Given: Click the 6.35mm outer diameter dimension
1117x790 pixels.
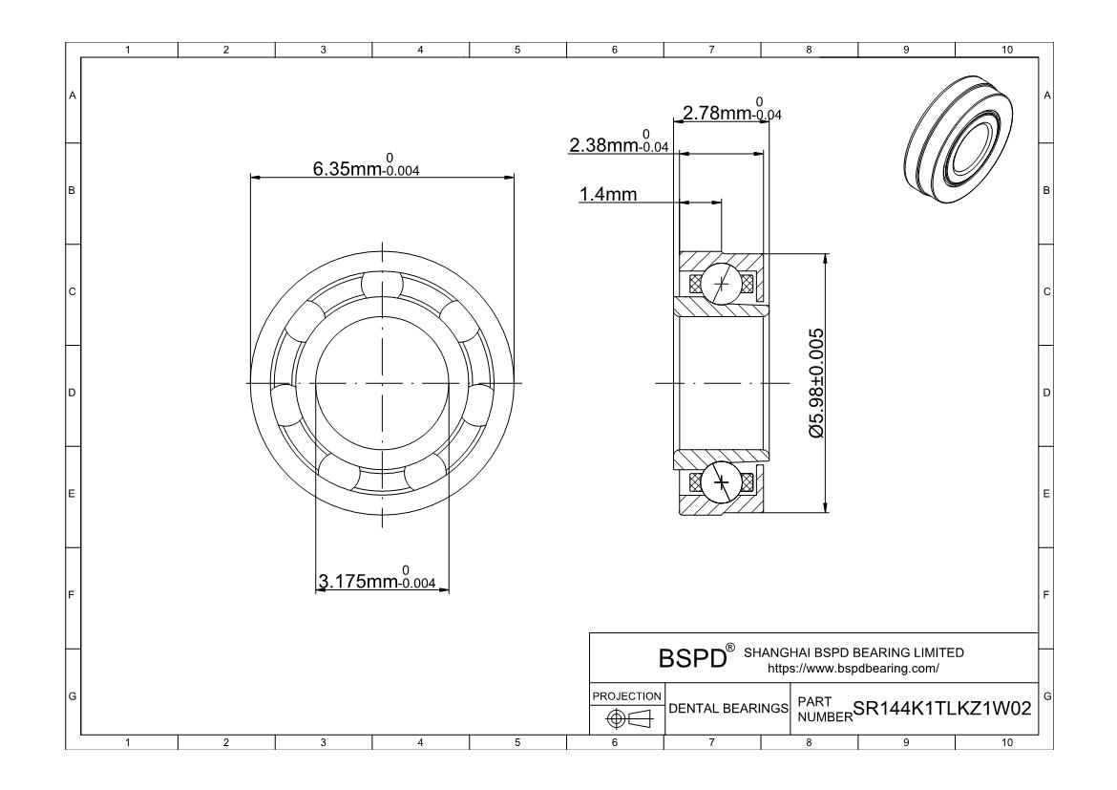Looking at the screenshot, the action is pos(367,165).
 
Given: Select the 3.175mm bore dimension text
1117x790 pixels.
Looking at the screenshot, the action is pos(377,578).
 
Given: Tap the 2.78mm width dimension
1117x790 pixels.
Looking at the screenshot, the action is pos(732,110).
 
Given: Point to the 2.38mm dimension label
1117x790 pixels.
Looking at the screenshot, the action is pos(619,142).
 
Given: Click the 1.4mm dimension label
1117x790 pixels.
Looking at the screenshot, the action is pos(607,194).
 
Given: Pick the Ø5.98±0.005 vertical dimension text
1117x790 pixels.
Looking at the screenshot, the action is pos(816,383).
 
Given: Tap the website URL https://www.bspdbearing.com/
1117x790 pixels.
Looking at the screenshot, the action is pos(853,669).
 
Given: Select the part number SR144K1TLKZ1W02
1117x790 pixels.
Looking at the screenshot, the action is pos(941,709).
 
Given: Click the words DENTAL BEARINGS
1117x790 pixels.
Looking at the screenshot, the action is pos(728,709).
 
